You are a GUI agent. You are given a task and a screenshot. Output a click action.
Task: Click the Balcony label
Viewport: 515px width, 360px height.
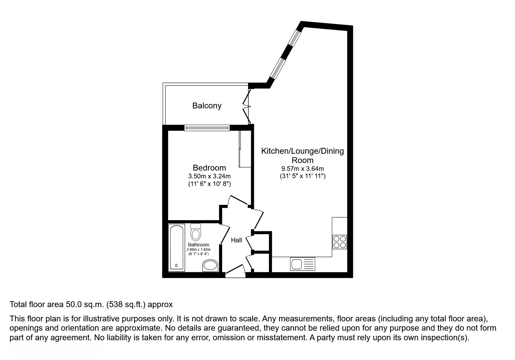point(207,105)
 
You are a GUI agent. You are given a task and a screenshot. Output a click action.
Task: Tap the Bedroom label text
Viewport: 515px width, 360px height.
point(209,168)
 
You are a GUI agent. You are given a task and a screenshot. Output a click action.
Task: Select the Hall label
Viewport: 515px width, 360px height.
point(236,240)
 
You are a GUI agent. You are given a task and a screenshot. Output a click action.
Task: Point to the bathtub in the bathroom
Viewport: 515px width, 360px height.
point(177,247)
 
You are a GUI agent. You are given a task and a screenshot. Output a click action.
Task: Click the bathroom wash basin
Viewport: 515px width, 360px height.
point(210,266)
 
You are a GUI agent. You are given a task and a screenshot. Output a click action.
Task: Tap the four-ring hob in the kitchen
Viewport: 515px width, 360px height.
point(340,242)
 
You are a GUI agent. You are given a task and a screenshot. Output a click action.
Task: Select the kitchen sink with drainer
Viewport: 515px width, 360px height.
point(302,264)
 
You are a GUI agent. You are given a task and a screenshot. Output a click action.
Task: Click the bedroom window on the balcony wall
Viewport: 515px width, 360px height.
point(207,128)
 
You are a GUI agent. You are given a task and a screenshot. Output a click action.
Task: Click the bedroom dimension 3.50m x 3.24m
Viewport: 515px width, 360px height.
point(209,176)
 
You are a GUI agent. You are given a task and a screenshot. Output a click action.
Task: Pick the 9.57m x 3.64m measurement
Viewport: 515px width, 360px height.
point(302,169)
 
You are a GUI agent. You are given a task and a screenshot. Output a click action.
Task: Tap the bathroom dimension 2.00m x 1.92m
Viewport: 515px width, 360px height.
point(198,250)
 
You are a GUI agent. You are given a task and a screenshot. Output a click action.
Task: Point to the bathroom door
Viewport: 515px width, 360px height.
point(224,234)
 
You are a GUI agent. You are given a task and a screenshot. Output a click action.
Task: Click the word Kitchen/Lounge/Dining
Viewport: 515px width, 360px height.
point(302,151)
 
